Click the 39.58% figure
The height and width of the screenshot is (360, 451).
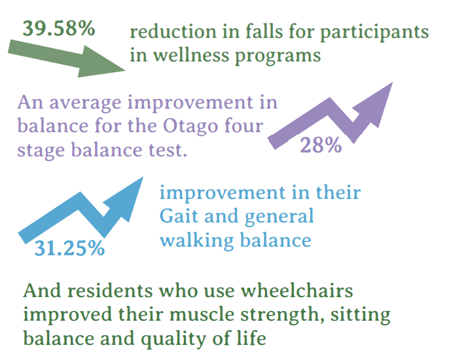59,28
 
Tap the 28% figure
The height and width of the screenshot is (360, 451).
321,145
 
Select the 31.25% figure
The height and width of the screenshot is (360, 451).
69,248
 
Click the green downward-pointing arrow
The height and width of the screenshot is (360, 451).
67,58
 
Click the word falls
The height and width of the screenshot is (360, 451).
264,31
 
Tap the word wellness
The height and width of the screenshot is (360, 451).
191,54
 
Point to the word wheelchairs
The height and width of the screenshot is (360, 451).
297,291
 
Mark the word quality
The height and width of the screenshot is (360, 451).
173,338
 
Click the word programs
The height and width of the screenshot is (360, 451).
278,56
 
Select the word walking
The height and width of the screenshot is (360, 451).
197,241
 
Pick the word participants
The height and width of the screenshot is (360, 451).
374,32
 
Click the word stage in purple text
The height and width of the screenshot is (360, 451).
41,151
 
